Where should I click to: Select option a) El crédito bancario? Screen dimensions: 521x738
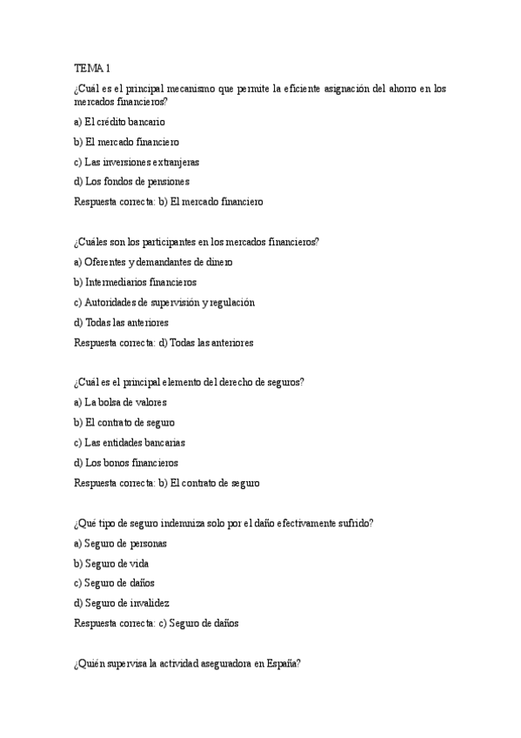pos(119,122)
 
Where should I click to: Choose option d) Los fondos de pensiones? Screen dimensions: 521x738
pos(131,182)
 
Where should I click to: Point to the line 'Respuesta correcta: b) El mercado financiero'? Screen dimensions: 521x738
pos(168,202)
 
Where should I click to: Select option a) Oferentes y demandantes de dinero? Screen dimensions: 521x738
pos(153,262)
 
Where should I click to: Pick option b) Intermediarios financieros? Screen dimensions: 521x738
pos(136,282)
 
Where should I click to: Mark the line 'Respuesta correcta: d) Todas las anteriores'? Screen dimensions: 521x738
pos(164,343)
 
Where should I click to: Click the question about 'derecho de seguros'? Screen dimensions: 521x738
pos(189,382)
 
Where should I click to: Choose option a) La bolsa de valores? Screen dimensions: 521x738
pos(120,402)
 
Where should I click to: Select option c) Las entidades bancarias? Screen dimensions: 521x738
pos(130,442)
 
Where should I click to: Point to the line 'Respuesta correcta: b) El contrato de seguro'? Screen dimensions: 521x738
pos(167,483)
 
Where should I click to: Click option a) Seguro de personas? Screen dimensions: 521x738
pos(120,543)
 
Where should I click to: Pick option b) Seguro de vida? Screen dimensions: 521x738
pos(111,563)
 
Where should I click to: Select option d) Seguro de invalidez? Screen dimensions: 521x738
pos(122,603)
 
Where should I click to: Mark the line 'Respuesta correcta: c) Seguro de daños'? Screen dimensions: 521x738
pos(156,623)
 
